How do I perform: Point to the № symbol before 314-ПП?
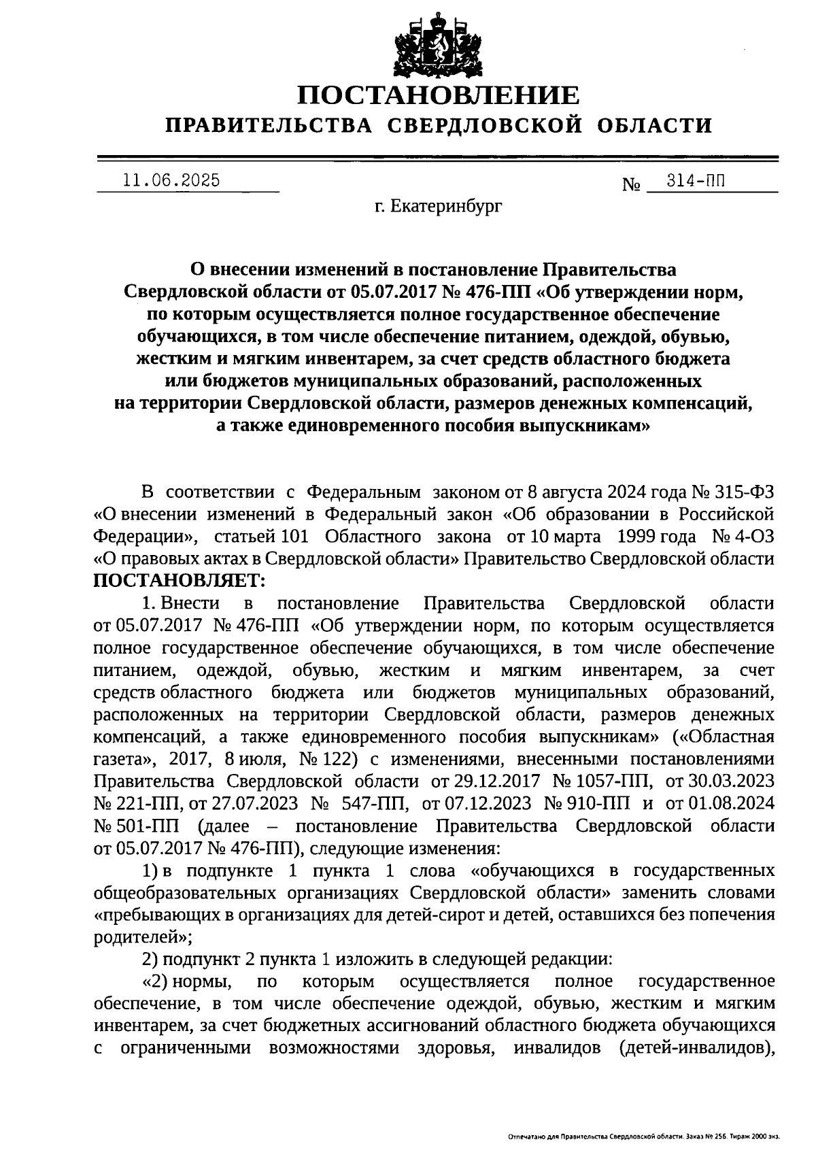coord(632,184)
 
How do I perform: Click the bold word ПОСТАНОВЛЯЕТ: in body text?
coord(181,580)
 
